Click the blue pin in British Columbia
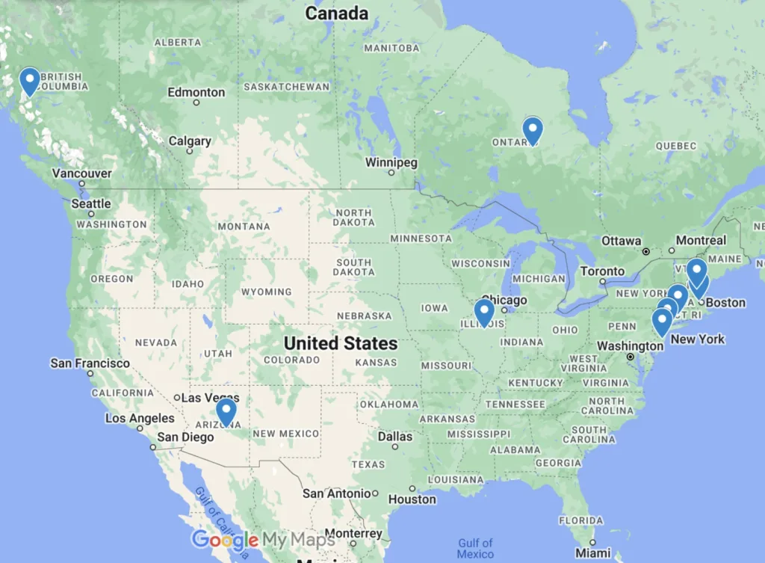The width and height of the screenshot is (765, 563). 30,80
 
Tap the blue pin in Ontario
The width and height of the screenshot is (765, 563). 532,129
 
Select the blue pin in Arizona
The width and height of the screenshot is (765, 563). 226,410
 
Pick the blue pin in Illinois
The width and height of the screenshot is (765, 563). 484,311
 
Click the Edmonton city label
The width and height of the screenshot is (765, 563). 196,92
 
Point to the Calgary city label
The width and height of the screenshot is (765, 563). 190,141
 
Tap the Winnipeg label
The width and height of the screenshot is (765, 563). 391,162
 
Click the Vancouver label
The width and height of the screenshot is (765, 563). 81,173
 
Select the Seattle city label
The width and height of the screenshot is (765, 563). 91,203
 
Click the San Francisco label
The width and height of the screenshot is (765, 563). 90,363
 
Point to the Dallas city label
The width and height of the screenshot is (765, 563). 394,437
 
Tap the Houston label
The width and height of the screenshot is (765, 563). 412,499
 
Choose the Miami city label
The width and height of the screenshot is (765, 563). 593,553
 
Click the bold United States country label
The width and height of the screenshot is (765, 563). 341,343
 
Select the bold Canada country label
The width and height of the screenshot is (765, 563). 337,13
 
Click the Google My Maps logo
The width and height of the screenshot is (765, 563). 263,540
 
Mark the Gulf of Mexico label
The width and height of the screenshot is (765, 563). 476,548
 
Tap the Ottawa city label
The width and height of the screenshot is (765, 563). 622,241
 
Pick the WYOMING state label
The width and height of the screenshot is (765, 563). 267,292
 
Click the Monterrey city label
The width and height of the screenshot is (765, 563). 354,534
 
